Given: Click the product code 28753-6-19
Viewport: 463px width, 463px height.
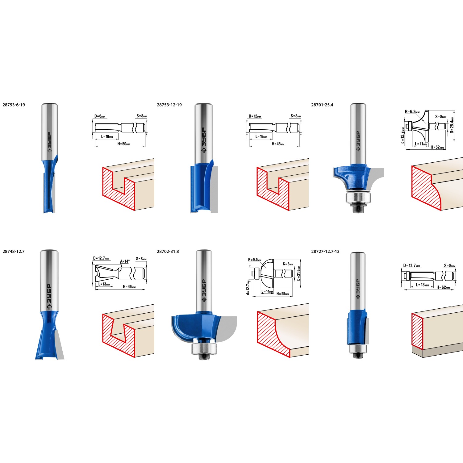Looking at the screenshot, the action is coord(14,105).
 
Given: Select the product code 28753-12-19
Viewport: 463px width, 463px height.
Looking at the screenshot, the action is coord(169,105).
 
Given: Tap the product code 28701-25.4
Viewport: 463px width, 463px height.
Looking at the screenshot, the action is coord(322,105).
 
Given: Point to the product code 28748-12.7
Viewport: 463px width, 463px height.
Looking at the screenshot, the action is coord(14,252).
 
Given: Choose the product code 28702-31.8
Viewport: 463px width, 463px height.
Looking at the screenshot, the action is coord(168,252).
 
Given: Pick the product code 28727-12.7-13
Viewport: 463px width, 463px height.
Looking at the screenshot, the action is coord(325,252).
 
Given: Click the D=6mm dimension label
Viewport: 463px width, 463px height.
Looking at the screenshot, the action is coord(100,116).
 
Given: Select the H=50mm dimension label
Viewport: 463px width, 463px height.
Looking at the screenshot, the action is coord(124,144).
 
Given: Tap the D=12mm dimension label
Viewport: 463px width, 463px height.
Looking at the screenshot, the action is coord(255,116).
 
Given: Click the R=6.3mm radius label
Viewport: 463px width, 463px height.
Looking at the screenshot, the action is coord(412,112).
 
